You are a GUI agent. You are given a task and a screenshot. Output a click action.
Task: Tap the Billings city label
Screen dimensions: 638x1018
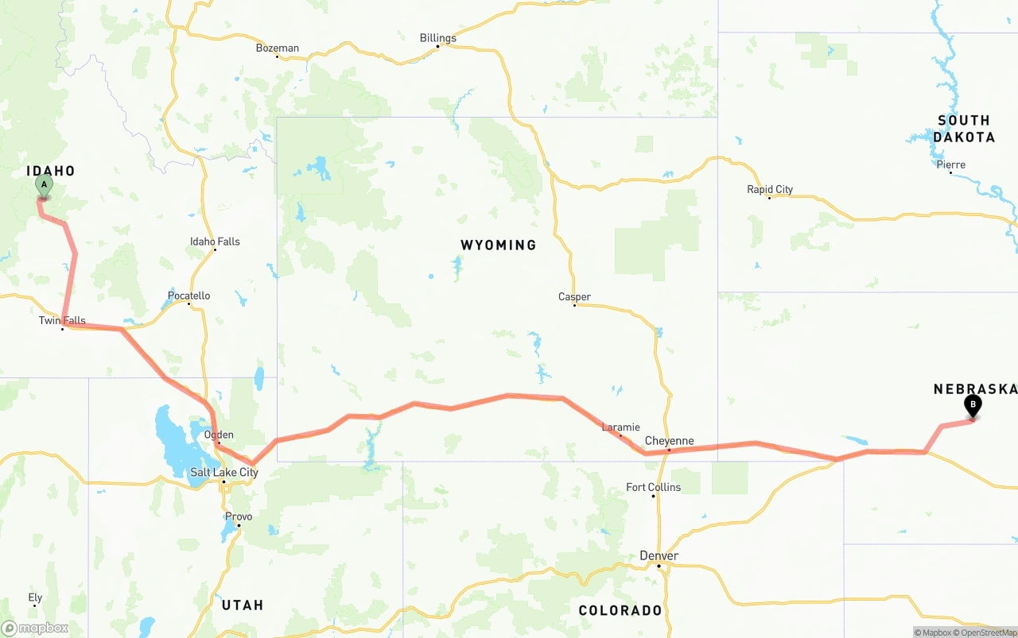[438, 38]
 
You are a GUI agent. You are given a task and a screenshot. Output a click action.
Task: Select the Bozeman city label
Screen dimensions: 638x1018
[278, 48]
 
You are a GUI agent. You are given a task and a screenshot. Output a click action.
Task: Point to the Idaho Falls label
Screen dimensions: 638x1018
[215, 242]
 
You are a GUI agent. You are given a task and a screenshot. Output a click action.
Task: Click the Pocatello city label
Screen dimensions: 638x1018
[189, 296]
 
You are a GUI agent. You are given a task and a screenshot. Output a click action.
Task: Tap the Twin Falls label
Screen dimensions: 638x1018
[62, 321]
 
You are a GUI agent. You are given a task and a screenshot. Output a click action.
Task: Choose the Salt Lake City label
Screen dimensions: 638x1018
[224, 472]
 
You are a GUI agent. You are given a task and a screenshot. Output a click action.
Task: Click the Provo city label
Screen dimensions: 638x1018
[239, 516]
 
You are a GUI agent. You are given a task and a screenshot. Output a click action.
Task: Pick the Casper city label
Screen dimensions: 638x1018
[574, 297]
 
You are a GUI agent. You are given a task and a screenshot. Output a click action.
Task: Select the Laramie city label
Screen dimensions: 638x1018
[621, 427]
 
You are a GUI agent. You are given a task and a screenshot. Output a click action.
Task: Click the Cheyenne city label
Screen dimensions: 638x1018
[670, 441]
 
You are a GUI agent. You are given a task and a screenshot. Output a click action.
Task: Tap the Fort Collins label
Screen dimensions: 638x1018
[654, 487]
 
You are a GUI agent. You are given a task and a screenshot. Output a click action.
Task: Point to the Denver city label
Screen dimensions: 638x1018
[659, 556]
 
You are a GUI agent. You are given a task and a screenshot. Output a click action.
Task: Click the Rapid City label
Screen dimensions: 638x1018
[770, 189]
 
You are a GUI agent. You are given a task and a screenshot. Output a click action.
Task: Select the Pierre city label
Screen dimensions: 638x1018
[951, 165]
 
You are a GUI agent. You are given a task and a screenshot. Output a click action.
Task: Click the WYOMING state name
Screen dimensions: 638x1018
[499, 245]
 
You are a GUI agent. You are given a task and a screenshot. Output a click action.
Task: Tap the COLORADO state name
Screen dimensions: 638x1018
[620, 610]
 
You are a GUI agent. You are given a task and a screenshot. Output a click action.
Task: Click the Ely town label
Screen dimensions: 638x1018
[35, 597]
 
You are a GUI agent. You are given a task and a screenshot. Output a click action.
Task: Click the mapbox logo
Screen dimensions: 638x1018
[35, 628]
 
